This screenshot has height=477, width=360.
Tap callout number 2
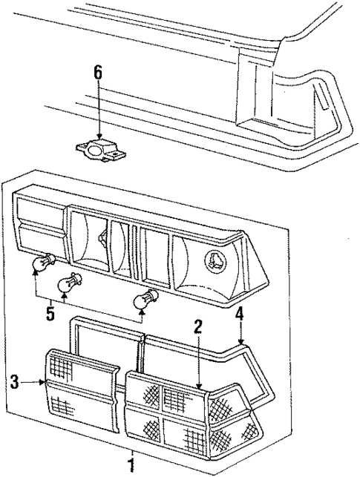click(x=198, y=326)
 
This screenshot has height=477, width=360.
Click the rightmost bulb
click(x=143, y=300)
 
